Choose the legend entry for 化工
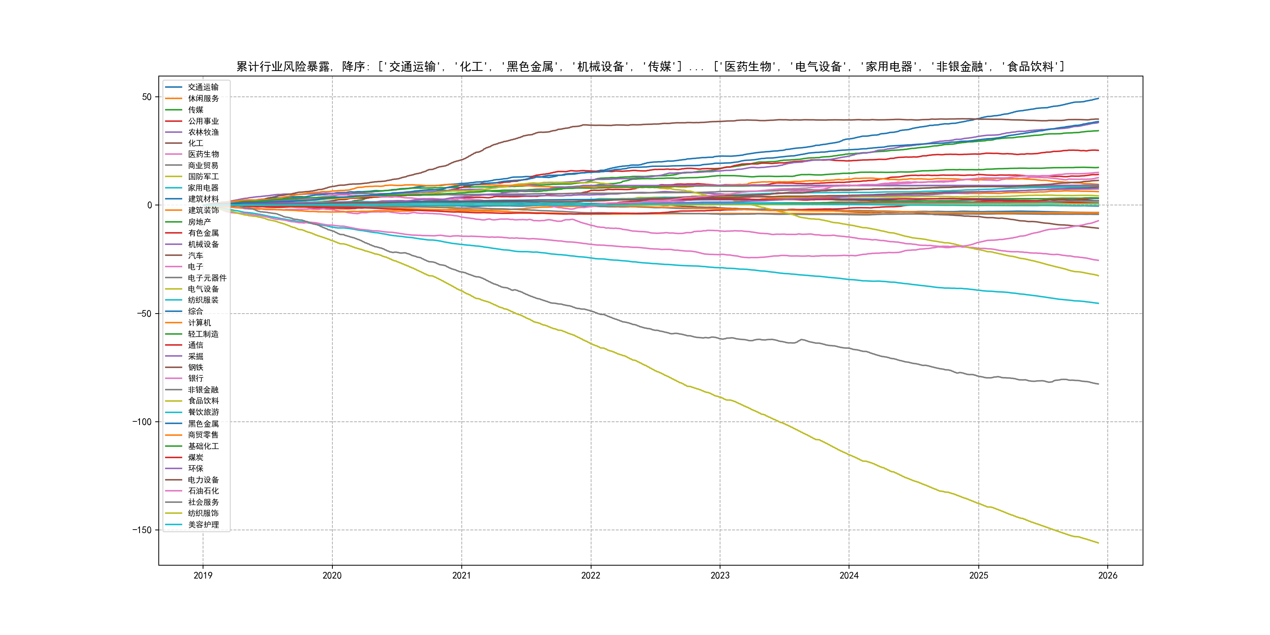pyautogui.click(x=195, y=143)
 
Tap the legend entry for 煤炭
pyautogui.click(x=195, y=457)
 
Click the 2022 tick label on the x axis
pyautogui.click(x=591, y=575)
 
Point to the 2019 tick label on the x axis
pyautogui.click(x=203, y=575)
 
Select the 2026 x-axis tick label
pyautogui.click(x=1107, y=575)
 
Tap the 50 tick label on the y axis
pyautogui.click(x=147, y=97)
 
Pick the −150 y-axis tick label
pyautogui.click(x=142, y=530)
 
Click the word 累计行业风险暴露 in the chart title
pyautogui.click(x=283, y=67)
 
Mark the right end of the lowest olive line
pyautogui.click(x=1098, y=543)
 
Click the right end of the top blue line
pyautogui.click(x=1098, y=99)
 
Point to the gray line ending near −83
pyautogui.click(x=1098, y=384)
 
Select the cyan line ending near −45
pyautogui.click(x=1098, y=303)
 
